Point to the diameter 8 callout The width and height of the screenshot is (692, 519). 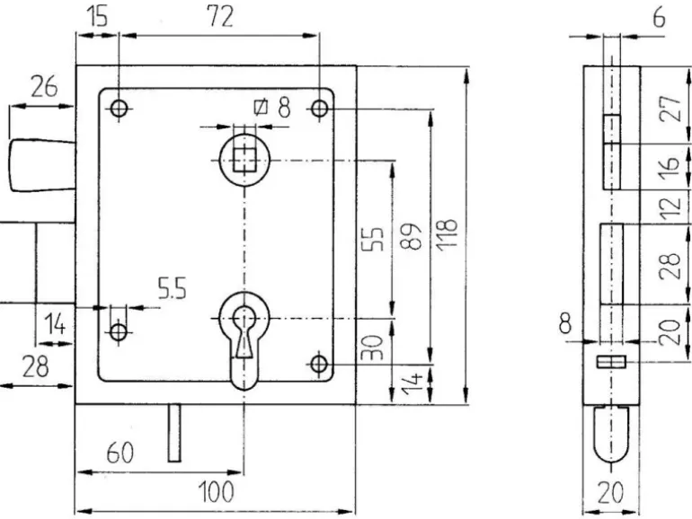[274, 108]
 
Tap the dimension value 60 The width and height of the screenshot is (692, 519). [120, 454]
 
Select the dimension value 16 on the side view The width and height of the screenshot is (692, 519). [666, 166]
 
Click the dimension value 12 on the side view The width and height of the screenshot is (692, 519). [666, 209]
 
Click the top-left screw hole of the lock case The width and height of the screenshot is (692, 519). [118, 109]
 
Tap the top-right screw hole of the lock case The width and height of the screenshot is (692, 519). [319, 109]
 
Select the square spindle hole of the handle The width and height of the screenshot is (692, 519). [243, 160]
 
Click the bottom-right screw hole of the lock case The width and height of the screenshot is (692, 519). [319, 364]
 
